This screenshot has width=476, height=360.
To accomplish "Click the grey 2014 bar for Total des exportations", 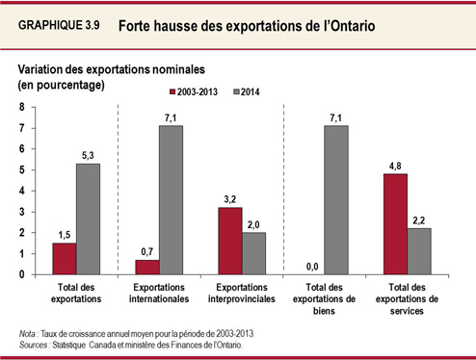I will point(89,219).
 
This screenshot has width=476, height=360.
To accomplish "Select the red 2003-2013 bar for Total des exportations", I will point(64,258).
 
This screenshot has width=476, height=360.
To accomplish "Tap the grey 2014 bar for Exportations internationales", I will point(171,199).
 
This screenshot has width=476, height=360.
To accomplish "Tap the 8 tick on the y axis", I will point(22,106).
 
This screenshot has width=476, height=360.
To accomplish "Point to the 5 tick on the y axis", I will point(22,169).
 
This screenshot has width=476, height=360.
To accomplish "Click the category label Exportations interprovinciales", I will point(240,295).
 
